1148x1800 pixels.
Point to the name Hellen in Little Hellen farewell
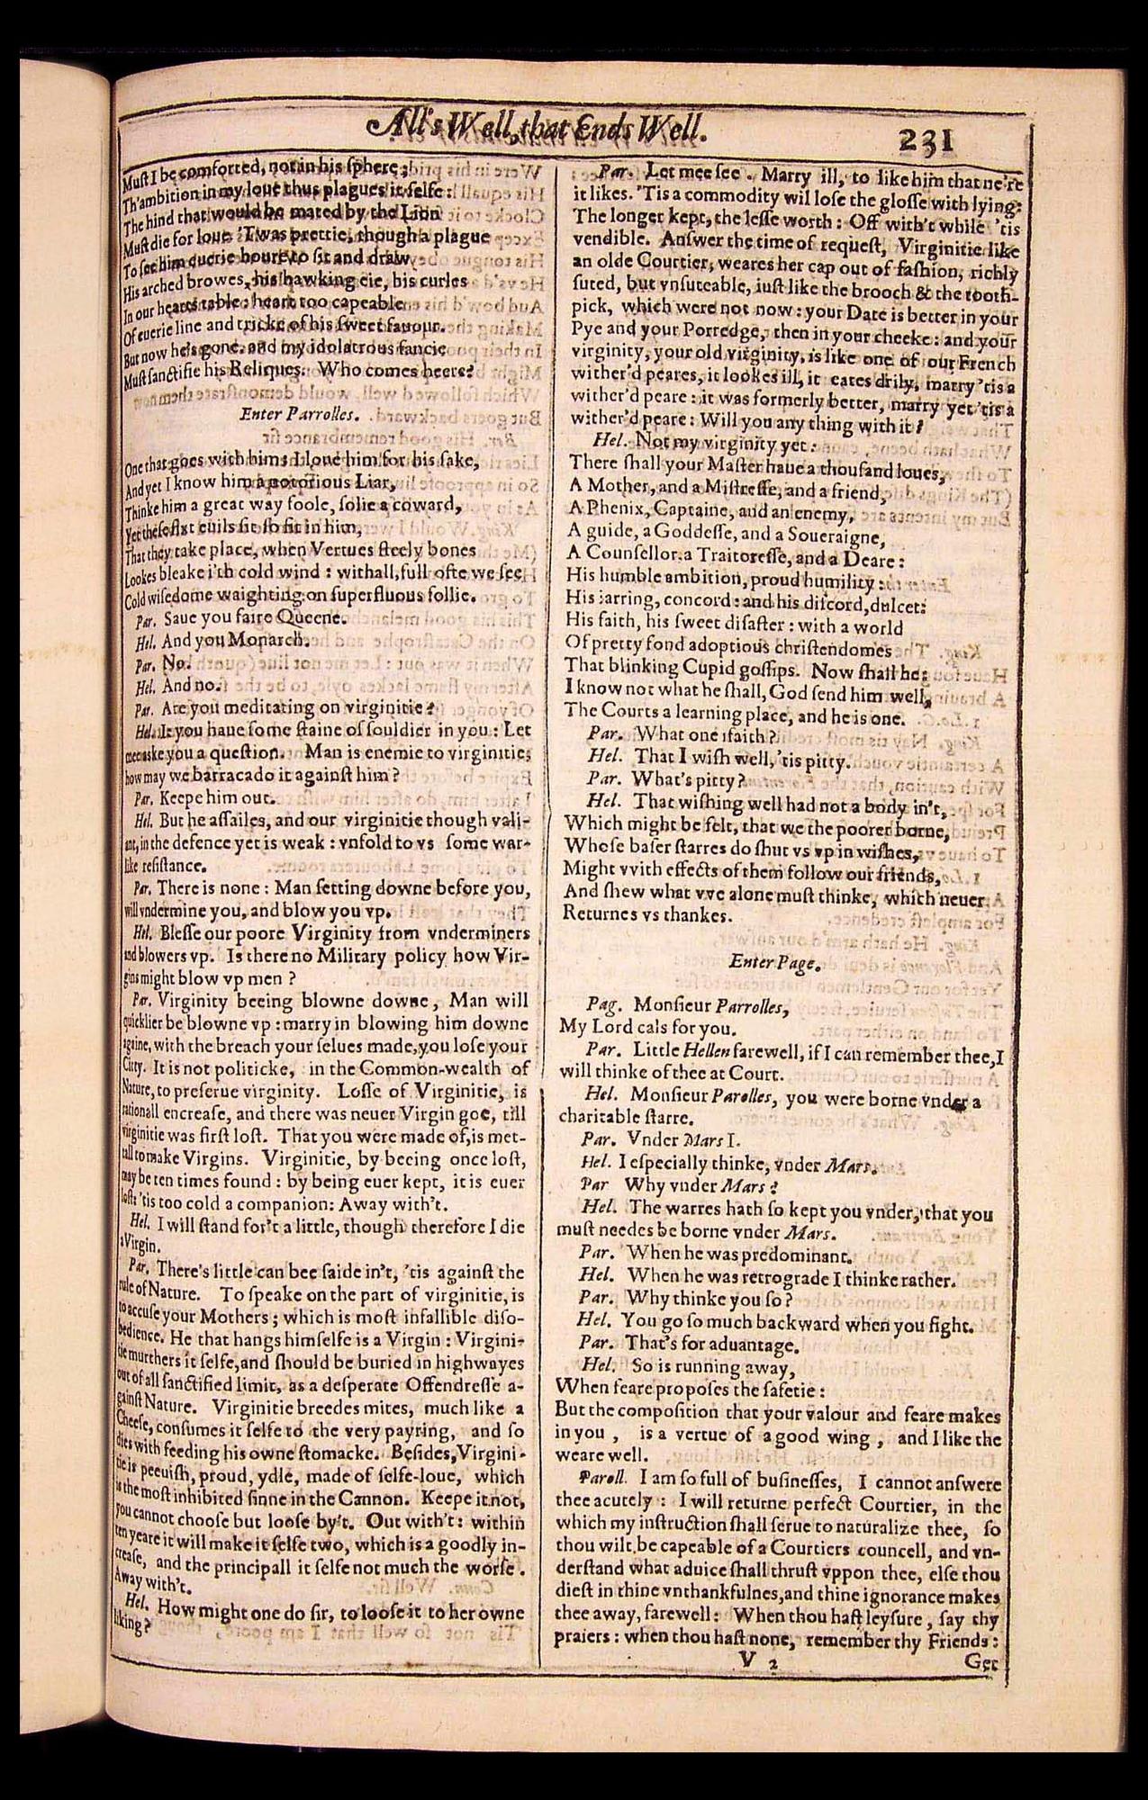[x=708, y=1049]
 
